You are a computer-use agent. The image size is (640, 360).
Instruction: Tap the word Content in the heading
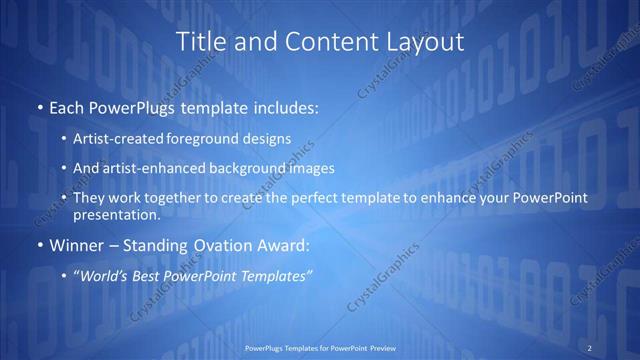(x=315, y=42)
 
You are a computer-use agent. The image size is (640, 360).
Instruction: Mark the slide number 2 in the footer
(x=589, y=347)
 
